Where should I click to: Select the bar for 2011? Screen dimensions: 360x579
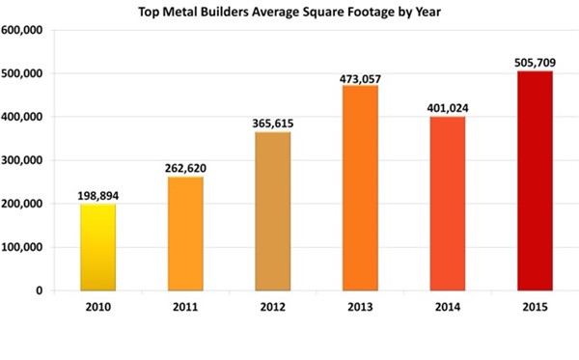click(x=186, y=233)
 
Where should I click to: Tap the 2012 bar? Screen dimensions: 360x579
click(x=273, y=210)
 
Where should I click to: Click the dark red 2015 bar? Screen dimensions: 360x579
click(x=534, y=180)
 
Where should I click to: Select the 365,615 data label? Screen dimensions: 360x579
click(x=273, y=122)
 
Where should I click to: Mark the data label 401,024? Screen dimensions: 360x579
click(x=447, y=106)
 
